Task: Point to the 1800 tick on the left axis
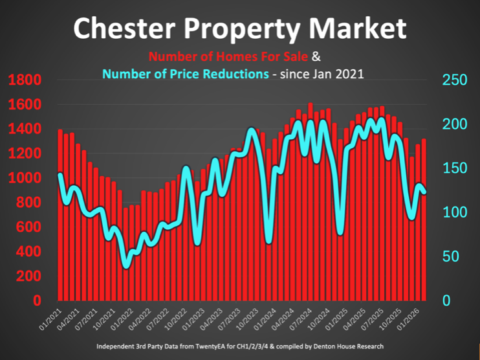(25, 80)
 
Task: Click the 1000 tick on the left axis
(25, 178)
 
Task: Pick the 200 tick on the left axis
(28, 276)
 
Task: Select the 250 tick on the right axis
(454, 80)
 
